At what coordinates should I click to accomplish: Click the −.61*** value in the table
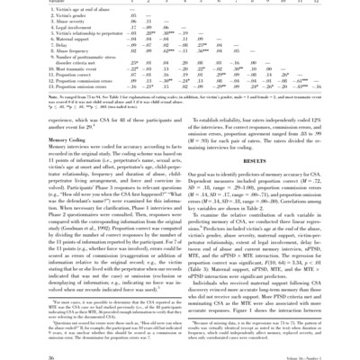click(x=320, y=103)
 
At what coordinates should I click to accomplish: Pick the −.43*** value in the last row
click(x=339, y=111)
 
